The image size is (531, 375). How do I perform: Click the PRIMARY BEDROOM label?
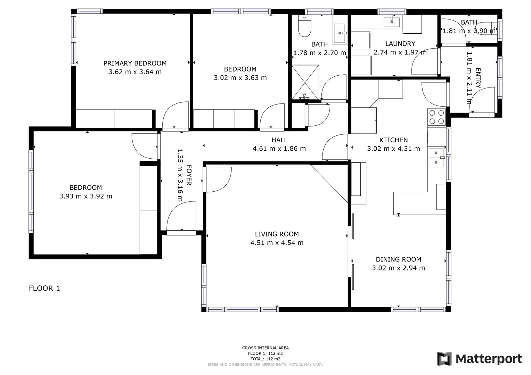click(x=135, y=63)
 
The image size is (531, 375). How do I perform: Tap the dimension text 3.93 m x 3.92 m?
click(x=86, y=196)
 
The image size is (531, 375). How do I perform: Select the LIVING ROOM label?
click(x=277, y=234)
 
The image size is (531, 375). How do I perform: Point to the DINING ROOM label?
click(x=398, y=259)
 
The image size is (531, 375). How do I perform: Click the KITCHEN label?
click(x=393, y=140)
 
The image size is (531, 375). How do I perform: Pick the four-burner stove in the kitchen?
click(x=437, y=117)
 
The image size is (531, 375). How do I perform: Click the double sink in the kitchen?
click(x=436, y=158)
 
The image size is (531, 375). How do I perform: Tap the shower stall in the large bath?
click(x=305, y=82)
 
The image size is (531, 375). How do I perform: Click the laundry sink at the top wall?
click(x=392, y=22)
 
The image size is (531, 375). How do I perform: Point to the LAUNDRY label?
click(x=400, y=44)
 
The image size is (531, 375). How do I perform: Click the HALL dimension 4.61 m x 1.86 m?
click(x=279, y=149)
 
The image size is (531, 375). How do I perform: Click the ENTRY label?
click(x=478, y=78)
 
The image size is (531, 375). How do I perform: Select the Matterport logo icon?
click(x=444, y=359)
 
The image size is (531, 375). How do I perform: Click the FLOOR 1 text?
click(x=44, y=288)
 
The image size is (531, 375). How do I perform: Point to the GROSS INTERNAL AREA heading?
click(x=265, y=348)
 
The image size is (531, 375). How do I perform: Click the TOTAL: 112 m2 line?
click(x=265, y=359)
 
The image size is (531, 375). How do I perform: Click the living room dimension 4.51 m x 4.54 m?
click(x=277, y=243)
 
